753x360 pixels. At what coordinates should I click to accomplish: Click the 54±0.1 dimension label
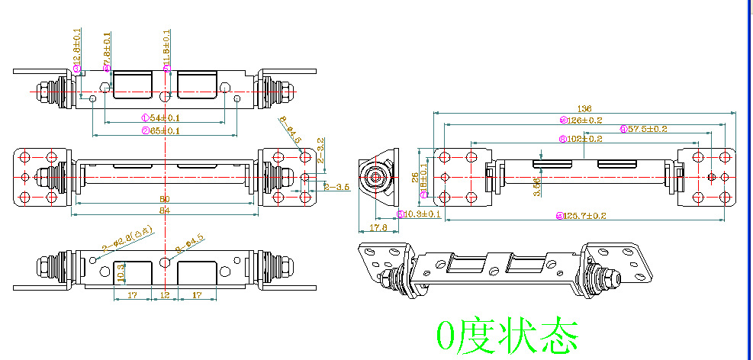(x=164, y=118)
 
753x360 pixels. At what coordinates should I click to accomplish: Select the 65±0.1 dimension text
(x=164, y=131)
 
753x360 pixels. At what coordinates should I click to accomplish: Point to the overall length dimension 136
(x=585, y=109)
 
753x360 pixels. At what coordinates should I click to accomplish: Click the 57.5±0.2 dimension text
(x=647, y=129)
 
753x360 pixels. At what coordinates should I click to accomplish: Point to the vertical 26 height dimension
(x=415, y=177)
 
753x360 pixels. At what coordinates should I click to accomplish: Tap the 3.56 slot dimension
(x=536, y=184)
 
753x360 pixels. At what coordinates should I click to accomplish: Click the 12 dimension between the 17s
(x=165, y=294)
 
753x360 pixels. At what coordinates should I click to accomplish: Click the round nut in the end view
(x=375, y=177)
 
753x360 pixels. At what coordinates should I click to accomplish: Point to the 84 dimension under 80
(x=164, y=210)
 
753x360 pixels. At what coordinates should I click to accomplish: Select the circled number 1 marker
(x=144, y=118)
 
